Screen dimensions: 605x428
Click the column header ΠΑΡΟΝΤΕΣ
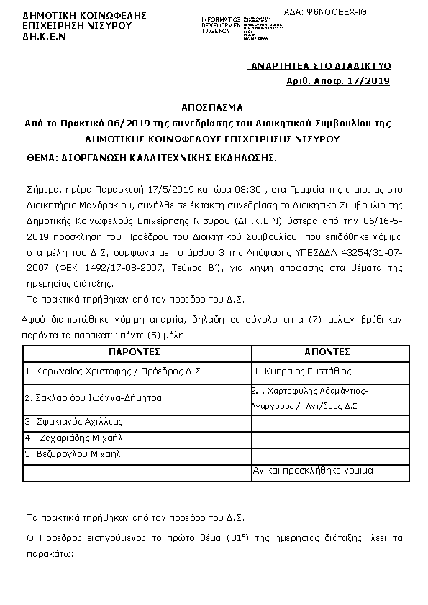[134, 352]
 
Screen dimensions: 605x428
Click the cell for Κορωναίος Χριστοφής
[112, 372]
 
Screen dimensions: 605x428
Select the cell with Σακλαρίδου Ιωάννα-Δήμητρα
[94, 397]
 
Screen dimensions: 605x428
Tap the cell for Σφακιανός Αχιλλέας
[75, 421]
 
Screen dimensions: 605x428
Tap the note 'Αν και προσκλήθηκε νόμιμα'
[312, 471]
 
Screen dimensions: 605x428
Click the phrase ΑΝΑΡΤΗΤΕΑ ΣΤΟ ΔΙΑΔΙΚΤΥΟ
[319, 66]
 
